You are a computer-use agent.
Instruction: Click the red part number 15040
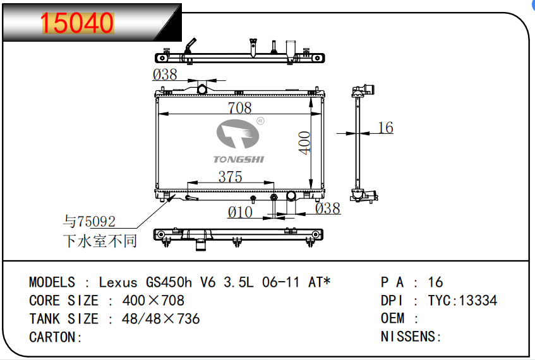77,23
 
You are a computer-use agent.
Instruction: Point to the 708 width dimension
240,108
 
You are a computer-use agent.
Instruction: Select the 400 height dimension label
304,143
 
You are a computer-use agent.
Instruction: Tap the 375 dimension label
231,176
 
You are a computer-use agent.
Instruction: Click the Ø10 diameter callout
240,212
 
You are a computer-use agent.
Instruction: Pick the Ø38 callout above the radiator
165,75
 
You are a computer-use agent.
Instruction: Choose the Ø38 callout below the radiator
328,208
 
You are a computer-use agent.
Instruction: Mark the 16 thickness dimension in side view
385,128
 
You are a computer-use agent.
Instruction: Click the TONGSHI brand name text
239,159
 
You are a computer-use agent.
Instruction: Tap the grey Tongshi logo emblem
238,134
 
